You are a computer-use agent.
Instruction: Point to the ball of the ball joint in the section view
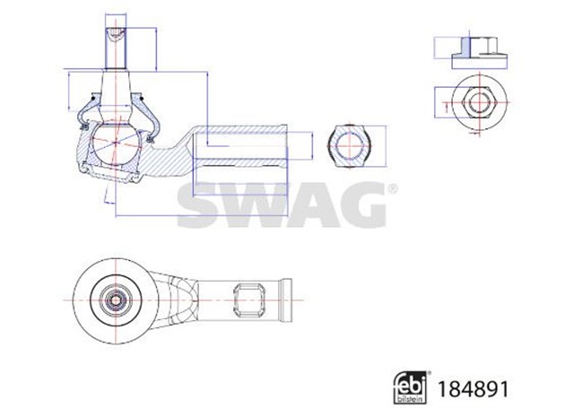click(x=116, y=143)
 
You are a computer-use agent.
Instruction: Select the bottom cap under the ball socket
click(x=116, y=176)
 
